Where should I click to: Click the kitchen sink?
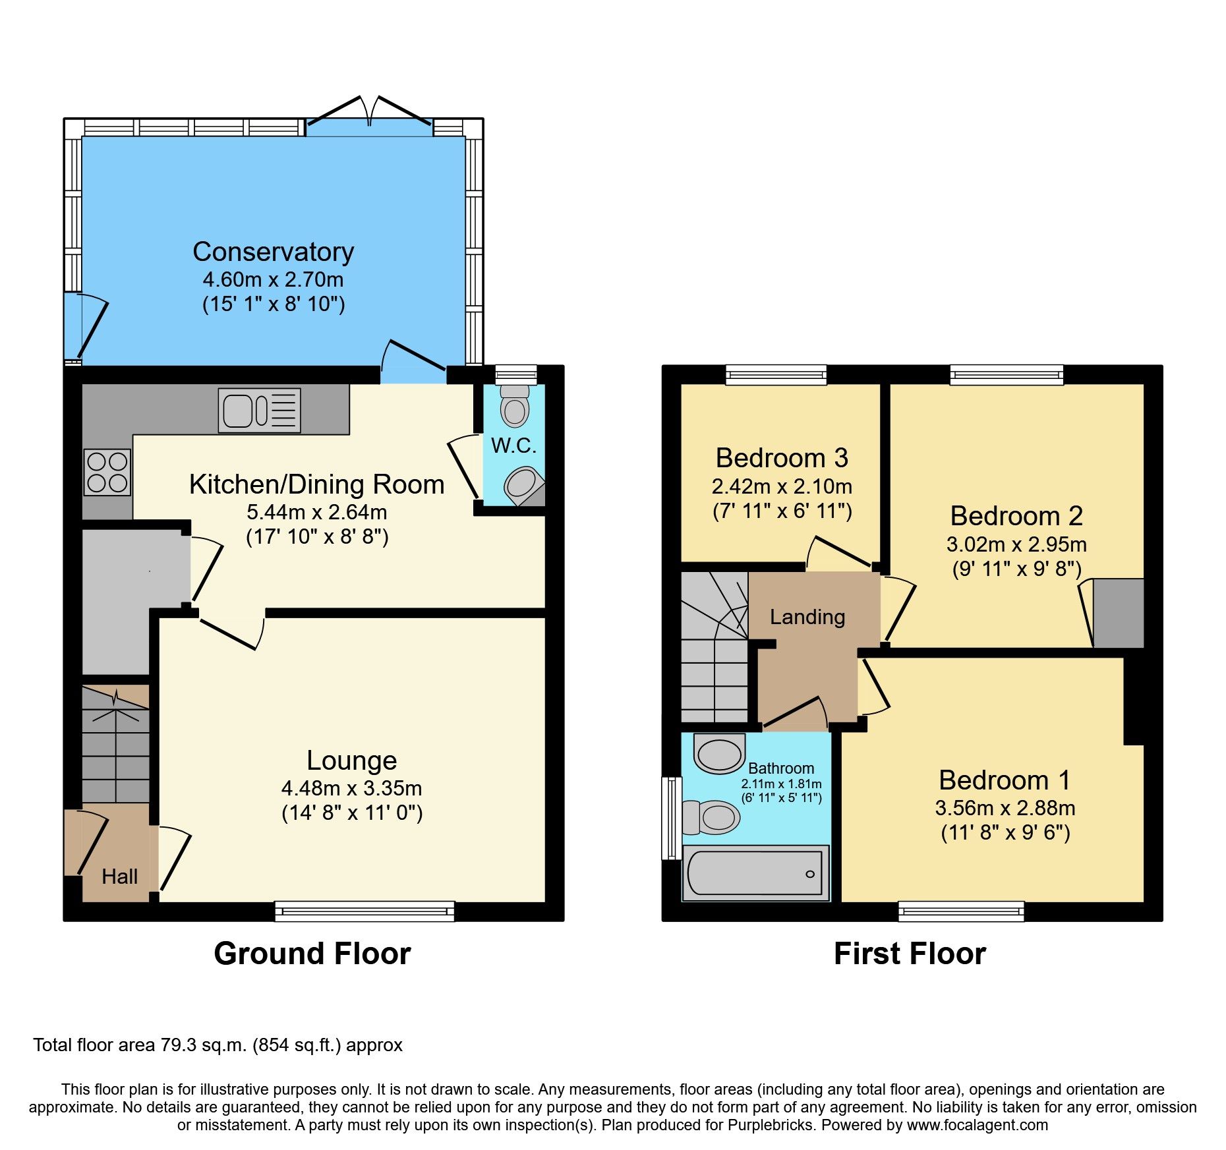pyautogui.click(x=259, y=411)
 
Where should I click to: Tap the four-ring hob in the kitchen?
pyautogui.click(x=107, y=472)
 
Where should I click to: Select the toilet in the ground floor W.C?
pyautogui.click(x=514, y=407)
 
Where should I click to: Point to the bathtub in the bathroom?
pyautogui.click(x=755, y=874)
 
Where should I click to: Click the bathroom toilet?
pyautogui.click(x=712, y=818)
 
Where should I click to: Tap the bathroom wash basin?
pyautogui.click(x=719, y=754)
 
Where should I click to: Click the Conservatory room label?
pyautogui.click(x=273, y=252)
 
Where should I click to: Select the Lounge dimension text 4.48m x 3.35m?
pyautogui.click(x=351, y=788)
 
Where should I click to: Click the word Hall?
pyautogui.click(x=119, y=877)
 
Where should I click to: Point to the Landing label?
pyautogui.click(x=807, y=617)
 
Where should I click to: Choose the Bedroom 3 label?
pyautogui.click(x=782, y=458)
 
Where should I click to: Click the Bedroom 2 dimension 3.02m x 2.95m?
pyautogui.click(x=1016, y=544)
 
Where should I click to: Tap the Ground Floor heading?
pyautogui.click(x=312, y=954)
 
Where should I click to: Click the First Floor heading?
pyautogui.click(x=909, y=954)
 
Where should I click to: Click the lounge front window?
pyautogui.click(x=365, y=911)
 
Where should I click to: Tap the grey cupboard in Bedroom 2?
pyautogui.click(x=1118, y=613)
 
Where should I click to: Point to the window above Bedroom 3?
pyautogui.click(x=776, y=376)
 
